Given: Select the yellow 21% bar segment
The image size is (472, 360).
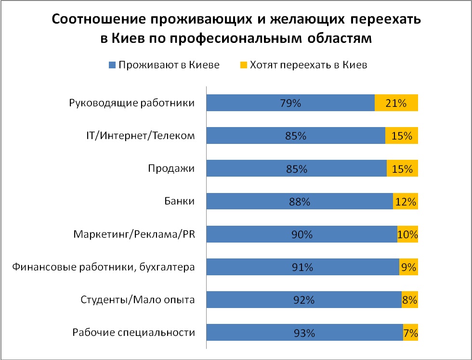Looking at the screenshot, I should (x=396, y=103).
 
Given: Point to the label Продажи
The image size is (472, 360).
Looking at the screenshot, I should (x=171, y=169).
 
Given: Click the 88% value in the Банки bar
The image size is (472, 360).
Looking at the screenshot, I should (x=299, y=202).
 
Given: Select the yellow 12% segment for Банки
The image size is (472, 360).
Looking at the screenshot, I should (x=406, y=202).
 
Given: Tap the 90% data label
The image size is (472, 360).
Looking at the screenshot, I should (x=302, y=235).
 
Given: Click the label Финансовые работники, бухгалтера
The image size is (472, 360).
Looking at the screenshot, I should (x=104, y=267).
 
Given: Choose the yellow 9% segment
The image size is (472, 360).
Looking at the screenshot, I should (x=408, y=267).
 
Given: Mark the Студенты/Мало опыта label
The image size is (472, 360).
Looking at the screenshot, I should (x=137, y=300).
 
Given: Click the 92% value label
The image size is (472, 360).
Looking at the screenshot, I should (x=304, y=300).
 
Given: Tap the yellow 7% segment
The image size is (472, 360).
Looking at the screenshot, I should (x=410, y=333).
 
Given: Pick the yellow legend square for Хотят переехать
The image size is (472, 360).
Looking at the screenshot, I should (x=244, y=65).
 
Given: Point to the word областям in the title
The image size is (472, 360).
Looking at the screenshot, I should (x=341, y=39).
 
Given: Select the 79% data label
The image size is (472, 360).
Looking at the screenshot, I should (x=290, y=103).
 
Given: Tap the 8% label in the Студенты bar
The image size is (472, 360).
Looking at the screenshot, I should (x=409, y=300).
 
